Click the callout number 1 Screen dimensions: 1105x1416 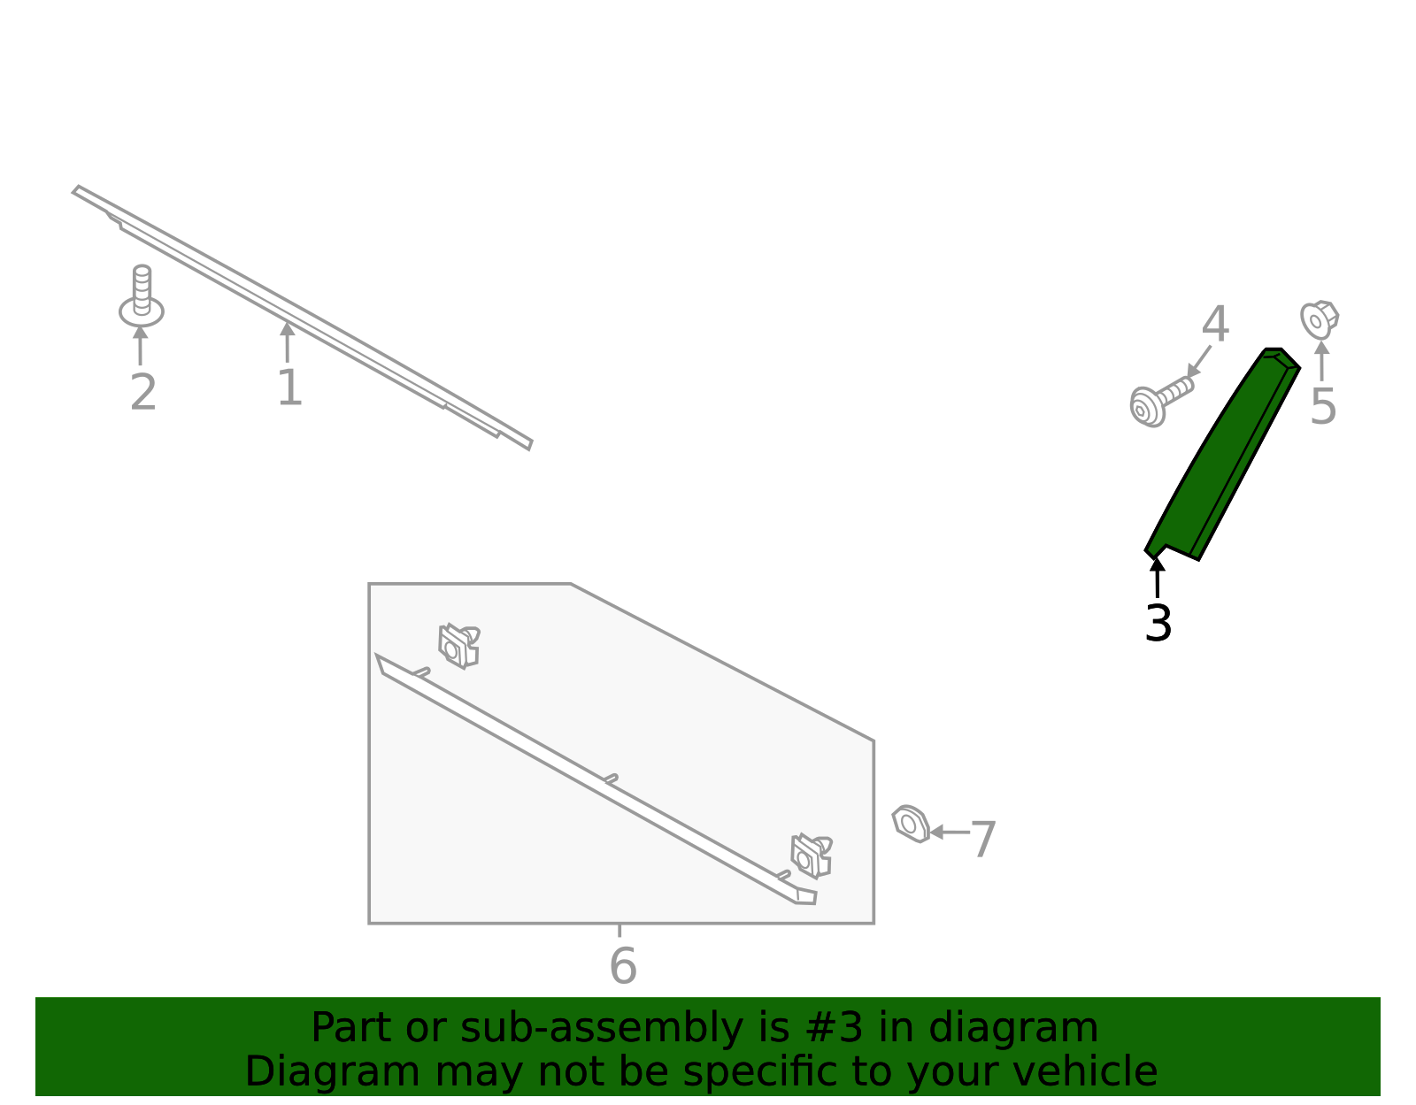tap(289, 388)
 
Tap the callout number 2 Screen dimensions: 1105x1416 tap(142, 393)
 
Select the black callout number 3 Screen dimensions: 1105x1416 tap(1158, 624)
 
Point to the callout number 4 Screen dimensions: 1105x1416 tap(1215, 325)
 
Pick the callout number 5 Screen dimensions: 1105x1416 tap(1322, 407)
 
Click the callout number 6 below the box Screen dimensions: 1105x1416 tap(623, 966)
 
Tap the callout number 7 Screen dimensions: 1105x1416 tap(983, 839)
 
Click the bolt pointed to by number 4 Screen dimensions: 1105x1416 tap(1158, 399)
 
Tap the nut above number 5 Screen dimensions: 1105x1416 tap(1319, 318)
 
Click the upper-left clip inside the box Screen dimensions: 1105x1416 tap(458, 646)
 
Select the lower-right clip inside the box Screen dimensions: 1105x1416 tap(811, 856)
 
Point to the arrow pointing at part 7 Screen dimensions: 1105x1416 tap(949, 832)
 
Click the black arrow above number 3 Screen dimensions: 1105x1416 tap(1157, 577)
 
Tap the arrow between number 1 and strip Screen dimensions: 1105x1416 tap(287, 341)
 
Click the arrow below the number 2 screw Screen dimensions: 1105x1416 tap(141, 345)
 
